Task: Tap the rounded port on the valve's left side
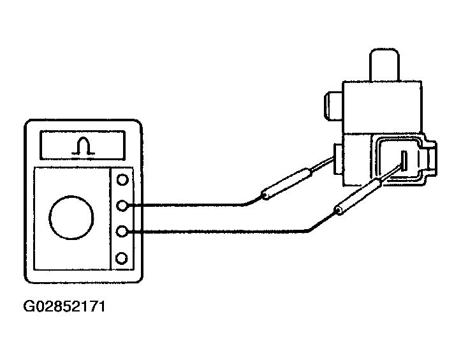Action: coord(331,105)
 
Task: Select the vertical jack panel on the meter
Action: coord(123,218)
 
